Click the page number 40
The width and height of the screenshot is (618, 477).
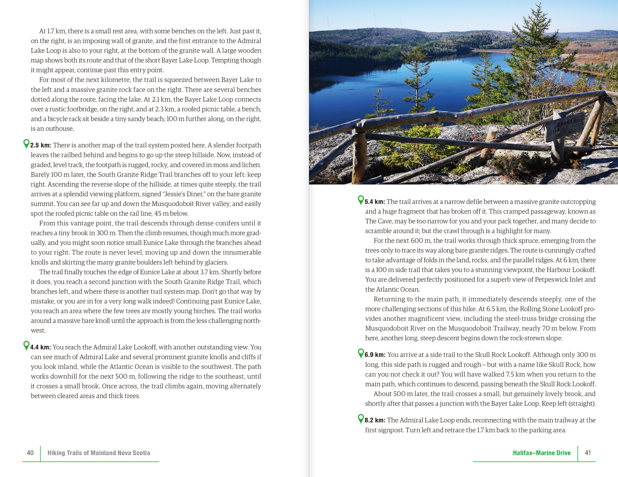pos(30,453)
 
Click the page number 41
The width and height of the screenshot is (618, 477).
pos(588,453)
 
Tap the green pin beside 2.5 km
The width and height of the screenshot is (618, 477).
pos(26,143)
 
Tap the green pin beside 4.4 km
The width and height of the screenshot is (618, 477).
pos(26,345)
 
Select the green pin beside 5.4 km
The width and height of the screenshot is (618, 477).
pos(361,200)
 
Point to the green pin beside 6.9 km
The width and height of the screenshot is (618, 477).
pos(361,353)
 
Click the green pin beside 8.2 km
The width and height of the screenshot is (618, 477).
pos(361,419)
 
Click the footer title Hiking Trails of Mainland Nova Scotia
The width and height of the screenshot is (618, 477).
pos(99,453)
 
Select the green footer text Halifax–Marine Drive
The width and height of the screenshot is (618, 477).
pos(542,453)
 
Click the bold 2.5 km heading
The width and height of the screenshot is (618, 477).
pos(41,145)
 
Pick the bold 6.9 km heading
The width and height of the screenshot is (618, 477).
pos(375,355)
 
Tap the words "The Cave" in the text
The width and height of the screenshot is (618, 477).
pos(377,221)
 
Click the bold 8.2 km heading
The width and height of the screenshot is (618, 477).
pos(375,421)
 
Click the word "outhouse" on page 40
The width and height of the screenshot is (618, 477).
pos(60,129)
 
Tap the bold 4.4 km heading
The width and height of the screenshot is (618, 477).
pos(41,347)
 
